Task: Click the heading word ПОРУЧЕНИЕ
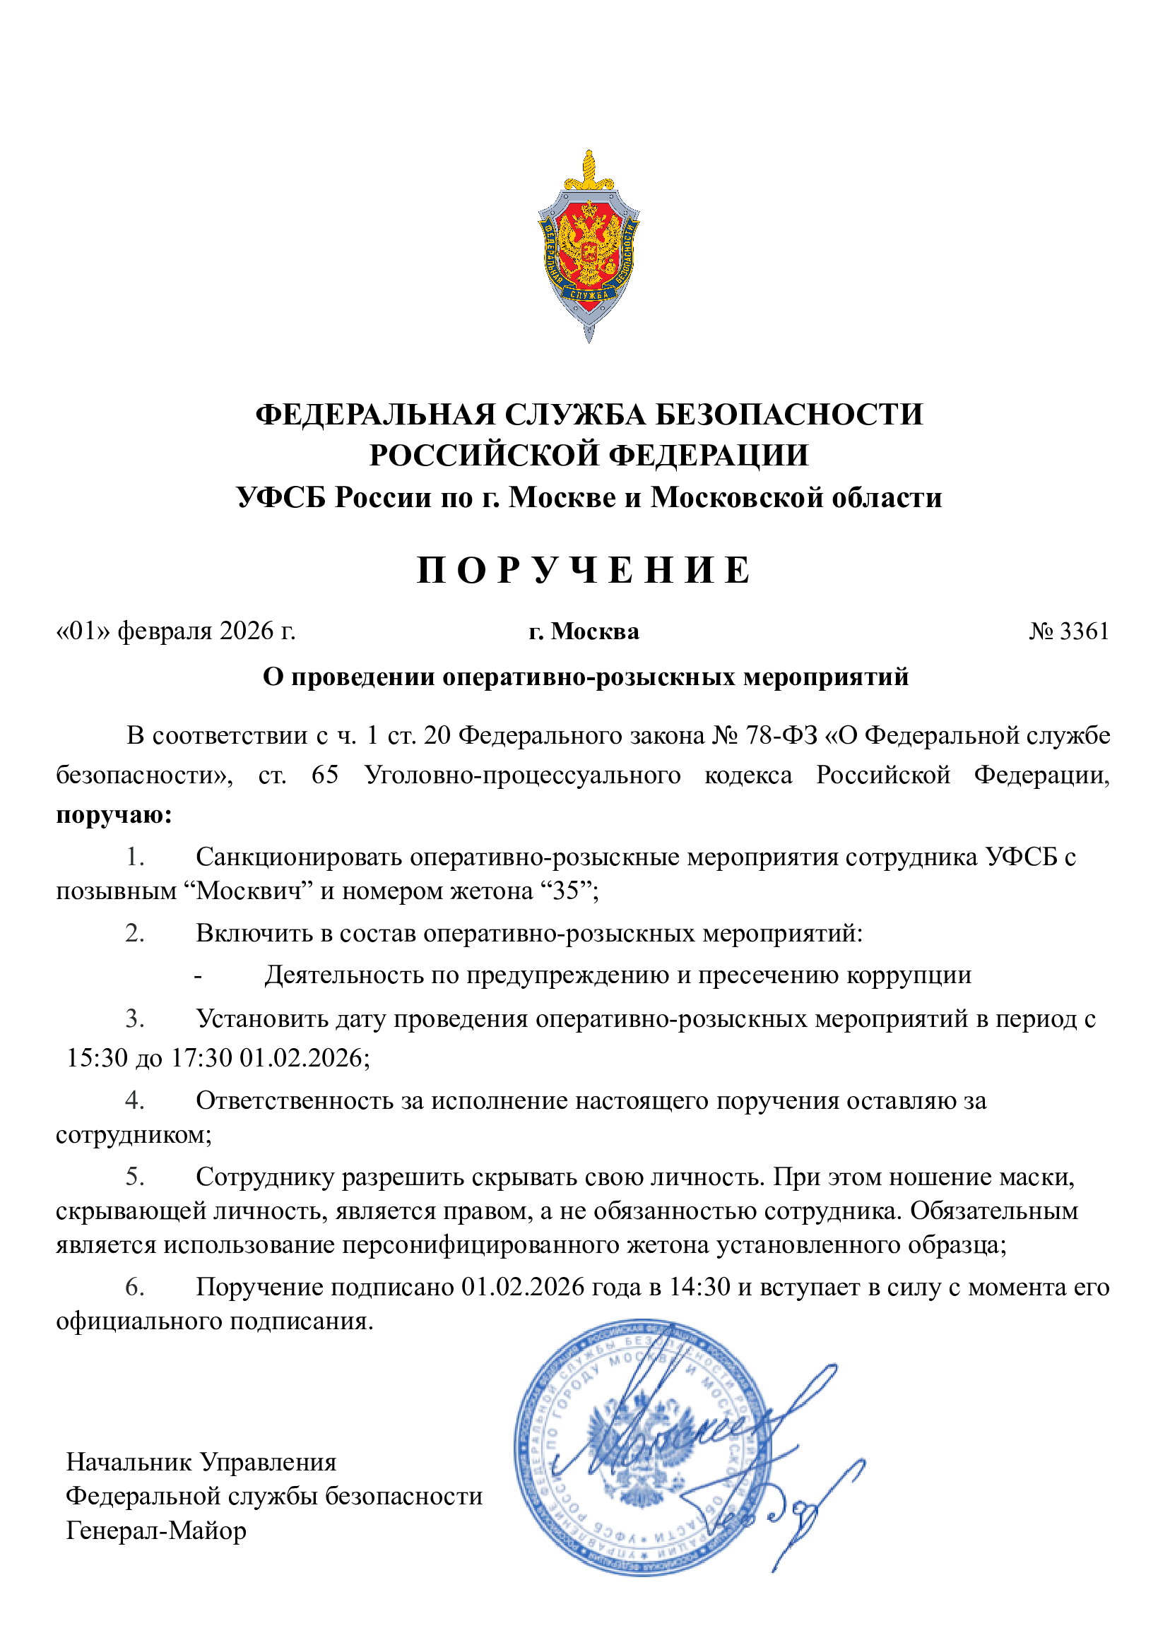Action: (x=584, y=571)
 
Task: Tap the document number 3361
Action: (x=1085, y=631)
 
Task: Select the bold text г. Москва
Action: (x=584, y=631)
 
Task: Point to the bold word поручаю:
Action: (x=114, y=815)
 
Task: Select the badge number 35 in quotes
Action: (x=565, y=891)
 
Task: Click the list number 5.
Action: (x=135, y=1176)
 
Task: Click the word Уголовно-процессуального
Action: (x=522, y=775)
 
